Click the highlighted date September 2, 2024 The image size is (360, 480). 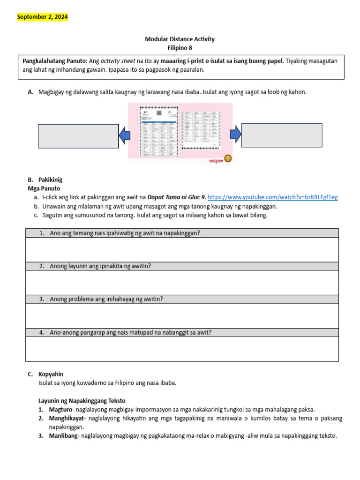(43, 17)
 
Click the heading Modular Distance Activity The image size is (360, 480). (180, 39)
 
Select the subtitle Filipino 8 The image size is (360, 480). (180, 47)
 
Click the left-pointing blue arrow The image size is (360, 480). (124, 136)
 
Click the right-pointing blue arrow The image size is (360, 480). (236, 135)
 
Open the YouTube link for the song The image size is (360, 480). (272, 197)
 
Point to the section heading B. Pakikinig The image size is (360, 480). (45, 180)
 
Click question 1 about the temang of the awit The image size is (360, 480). (125, 233)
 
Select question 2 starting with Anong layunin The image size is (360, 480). (100, 266)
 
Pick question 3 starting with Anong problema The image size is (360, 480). (106, 299)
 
